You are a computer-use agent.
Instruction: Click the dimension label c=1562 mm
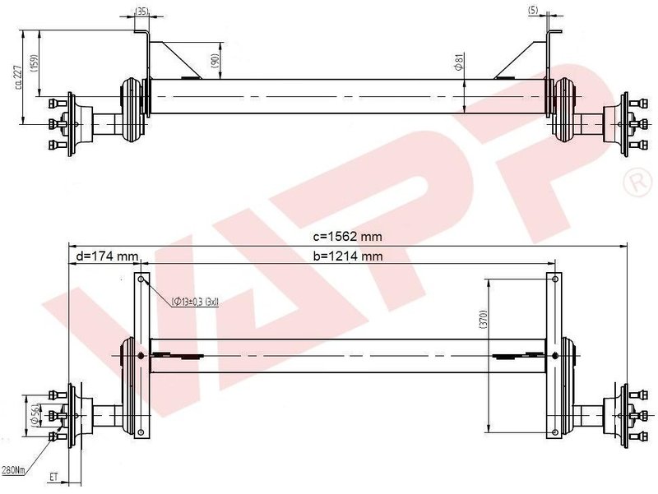[347, 236]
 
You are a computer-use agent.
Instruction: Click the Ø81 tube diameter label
[456, 62]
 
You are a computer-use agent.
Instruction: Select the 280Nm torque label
[13, 469]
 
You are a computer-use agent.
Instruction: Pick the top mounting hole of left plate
[141, 281]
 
